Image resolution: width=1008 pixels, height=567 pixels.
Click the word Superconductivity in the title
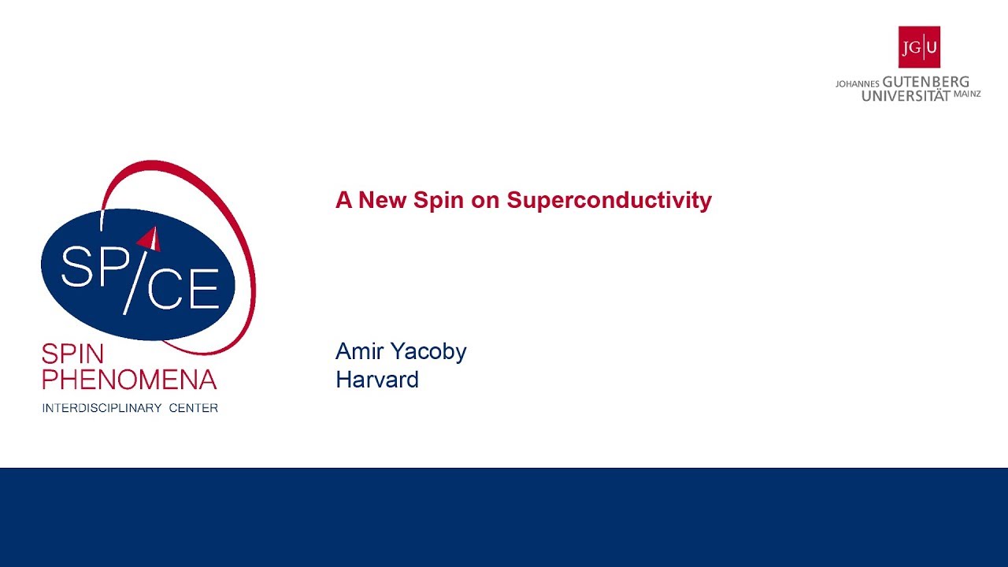tap(609, 201)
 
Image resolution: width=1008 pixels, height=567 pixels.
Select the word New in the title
tap(384, 201)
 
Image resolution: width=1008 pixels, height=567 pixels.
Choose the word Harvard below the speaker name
tap(377, 380)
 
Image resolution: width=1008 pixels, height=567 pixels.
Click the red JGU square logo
tap(919, 47)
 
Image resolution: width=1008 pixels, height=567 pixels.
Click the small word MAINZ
tap(967, 94)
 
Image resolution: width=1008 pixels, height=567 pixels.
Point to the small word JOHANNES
tap(857, 83)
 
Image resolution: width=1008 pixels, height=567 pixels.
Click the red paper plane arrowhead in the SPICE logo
tap(150, 238)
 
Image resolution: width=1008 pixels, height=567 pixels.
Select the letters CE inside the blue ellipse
tap(183, 290)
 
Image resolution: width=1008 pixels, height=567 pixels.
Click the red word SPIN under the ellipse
tap(72, 354)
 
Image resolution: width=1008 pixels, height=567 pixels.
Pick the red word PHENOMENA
tap(129, 380)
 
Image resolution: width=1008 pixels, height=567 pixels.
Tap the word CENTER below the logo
tap(193, 408)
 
